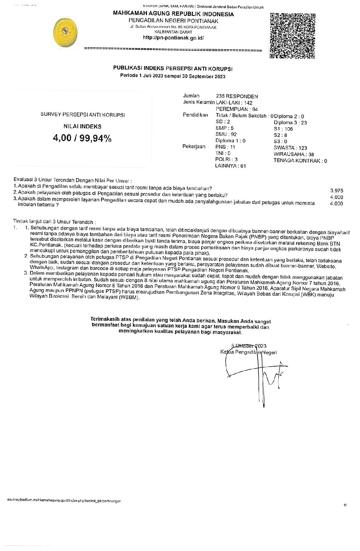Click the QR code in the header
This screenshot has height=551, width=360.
click(292, 36)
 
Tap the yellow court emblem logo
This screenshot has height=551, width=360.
click(67, 32)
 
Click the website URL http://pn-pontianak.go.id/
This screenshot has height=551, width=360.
click(173, 38)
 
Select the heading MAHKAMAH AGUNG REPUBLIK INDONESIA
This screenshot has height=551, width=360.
click(173, 14)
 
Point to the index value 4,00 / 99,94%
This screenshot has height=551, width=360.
click(82, 138)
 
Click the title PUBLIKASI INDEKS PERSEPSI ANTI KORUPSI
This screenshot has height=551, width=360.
click(173, 69)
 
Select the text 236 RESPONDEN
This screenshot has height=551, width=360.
click(237, 96)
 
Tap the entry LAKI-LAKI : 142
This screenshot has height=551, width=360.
click(234, 103)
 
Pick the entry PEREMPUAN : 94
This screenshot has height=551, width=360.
click(237, 109)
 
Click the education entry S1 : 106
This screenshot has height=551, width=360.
click(283, 129)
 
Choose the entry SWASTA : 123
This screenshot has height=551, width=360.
click(290, 148)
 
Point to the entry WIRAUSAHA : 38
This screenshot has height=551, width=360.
click(293, 154)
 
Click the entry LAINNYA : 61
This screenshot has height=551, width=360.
click(230, 166)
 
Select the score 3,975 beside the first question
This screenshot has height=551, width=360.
click(337, 190)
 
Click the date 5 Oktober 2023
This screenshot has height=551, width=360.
click(248, 346)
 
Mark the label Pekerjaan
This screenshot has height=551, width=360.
click(194, 146)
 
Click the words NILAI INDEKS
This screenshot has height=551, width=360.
click(82, 126)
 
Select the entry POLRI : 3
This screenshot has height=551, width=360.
click(226, 159)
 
